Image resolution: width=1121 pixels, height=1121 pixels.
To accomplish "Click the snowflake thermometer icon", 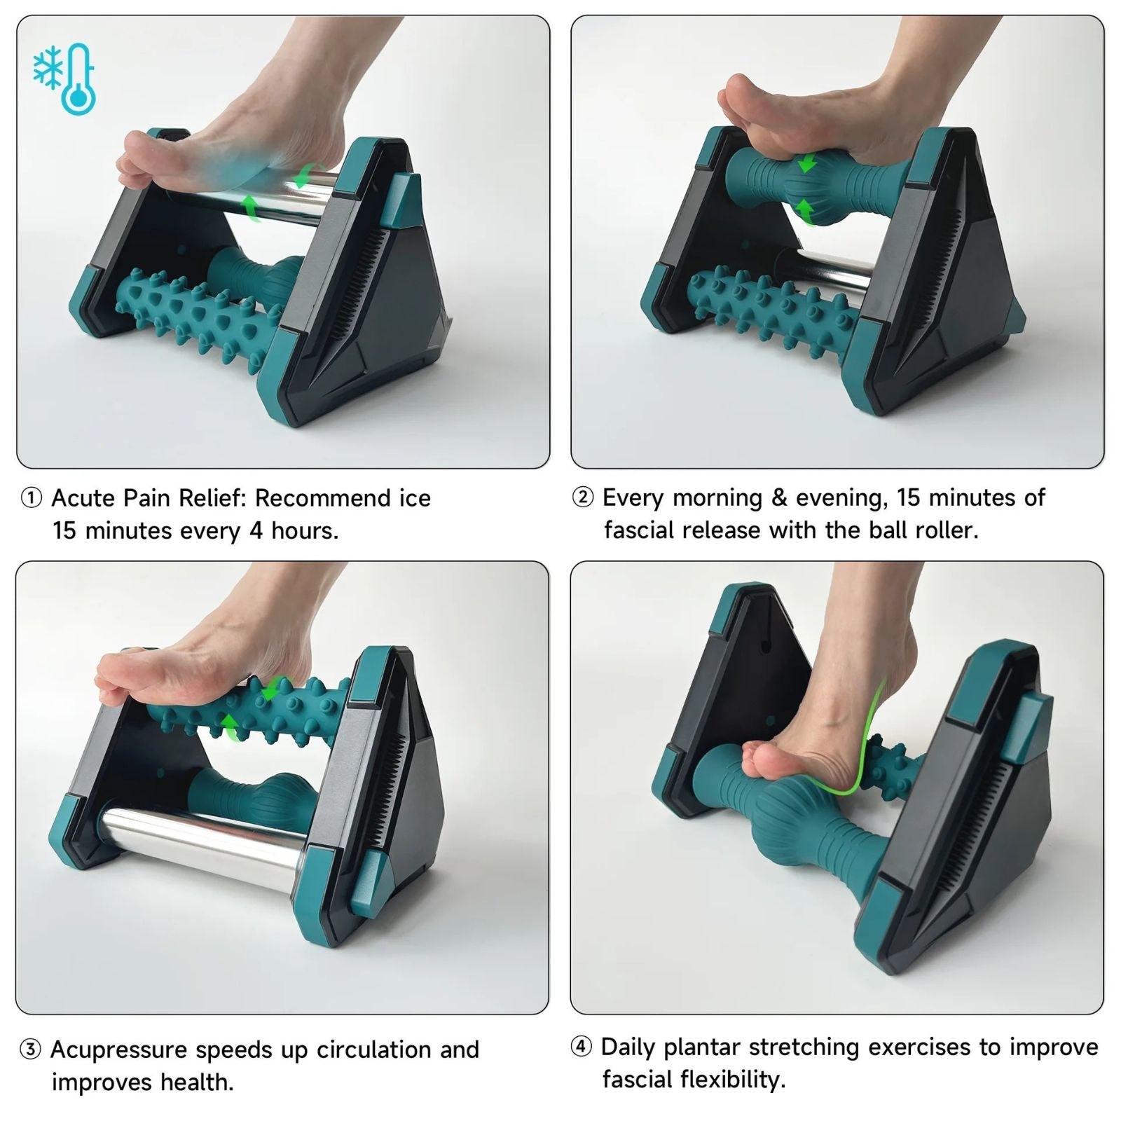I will (x=65, y=78).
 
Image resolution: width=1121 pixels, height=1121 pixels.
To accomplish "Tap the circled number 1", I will (x=32, y=498).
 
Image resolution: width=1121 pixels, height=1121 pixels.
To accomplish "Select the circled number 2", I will (x=583, y=497).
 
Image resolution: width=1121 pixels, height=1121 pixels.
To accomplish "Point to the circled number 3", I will (x=31, y=1050).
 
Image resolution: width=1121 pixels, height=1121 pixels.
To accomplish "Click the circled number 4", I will (x=582, y=1047).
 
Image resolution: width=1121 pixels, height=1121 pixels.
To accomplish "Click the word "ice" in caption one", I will (x=415, y=498).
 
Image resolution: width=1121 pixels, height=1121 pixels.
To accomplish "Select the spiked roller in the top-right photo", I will (x=771, y=308).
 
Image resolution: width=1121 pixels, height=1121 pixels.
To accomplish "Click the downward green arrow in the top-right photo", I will (x=807, y=164).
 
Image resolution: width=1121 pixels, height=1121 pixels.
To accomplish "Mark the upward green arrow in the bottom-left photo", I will (x=229, y=724).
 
